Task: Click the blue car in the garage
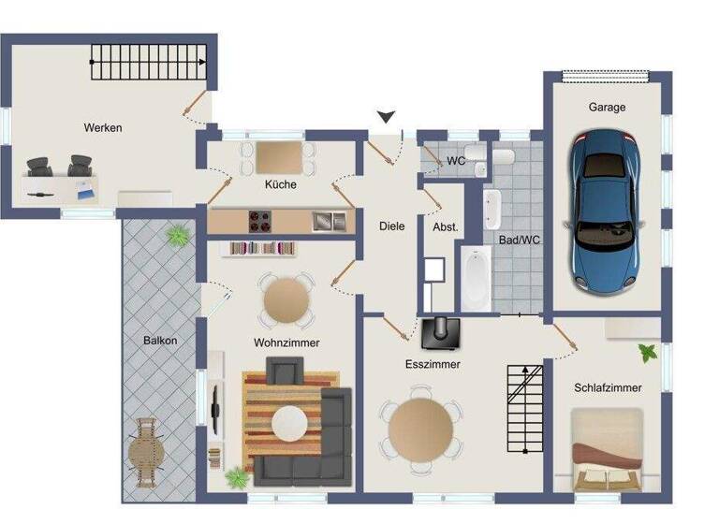coord(606,210)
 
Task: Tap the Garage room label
coord(607,108)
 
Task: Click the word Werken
coord(103,127)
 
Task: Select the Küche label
coord(280,184)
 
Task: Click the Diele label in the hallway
coord(391,226)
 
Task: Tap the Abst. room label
coord(445,227)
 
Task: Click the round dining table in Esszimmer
coord(420,429)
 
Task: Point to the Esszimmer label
coord(432,364)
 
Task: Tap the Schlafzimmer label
coord(608,387)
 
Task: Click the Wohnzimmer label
coord(286,342)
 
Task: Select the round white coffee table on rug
coord(288,422)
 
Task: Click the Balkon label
coord(160,341)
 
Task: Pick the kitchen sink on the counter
coord(328,221)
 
